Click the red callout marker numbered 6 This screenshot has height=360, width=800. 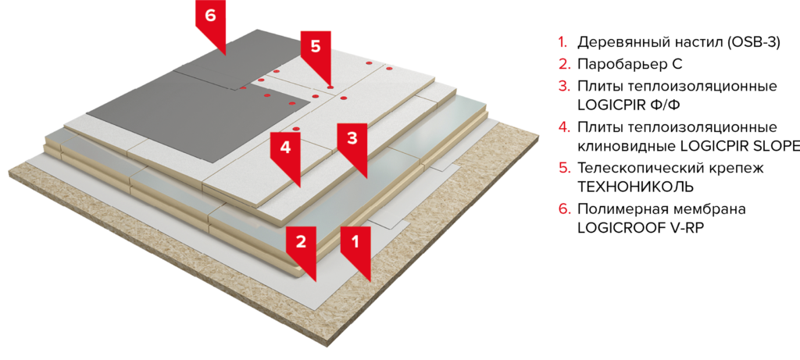tap(210, 20)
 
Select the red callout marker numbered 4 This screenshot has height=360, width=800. tap(285, 152)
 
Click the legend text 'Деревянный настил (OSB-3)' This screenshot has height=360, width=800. tap(679, 42)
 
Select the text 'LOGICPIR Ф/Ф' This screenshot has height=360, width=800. tap(629, 105)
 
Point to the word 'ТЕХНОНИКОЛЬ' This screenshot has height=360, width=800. tap(635, 187)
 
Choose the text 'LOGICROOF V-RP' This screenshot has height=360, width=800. tap(641, 228)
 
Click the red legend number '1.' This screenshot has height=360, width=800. tap(562, 42)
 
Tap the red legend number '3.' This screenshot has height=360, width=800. tap(563, 86)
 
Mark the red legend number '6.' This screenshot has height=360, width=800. tap(563, 209)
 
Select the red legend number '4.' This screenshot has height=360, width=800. tap(563, 127)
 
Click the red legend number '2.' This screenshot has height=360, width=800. tap(563, 64)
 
